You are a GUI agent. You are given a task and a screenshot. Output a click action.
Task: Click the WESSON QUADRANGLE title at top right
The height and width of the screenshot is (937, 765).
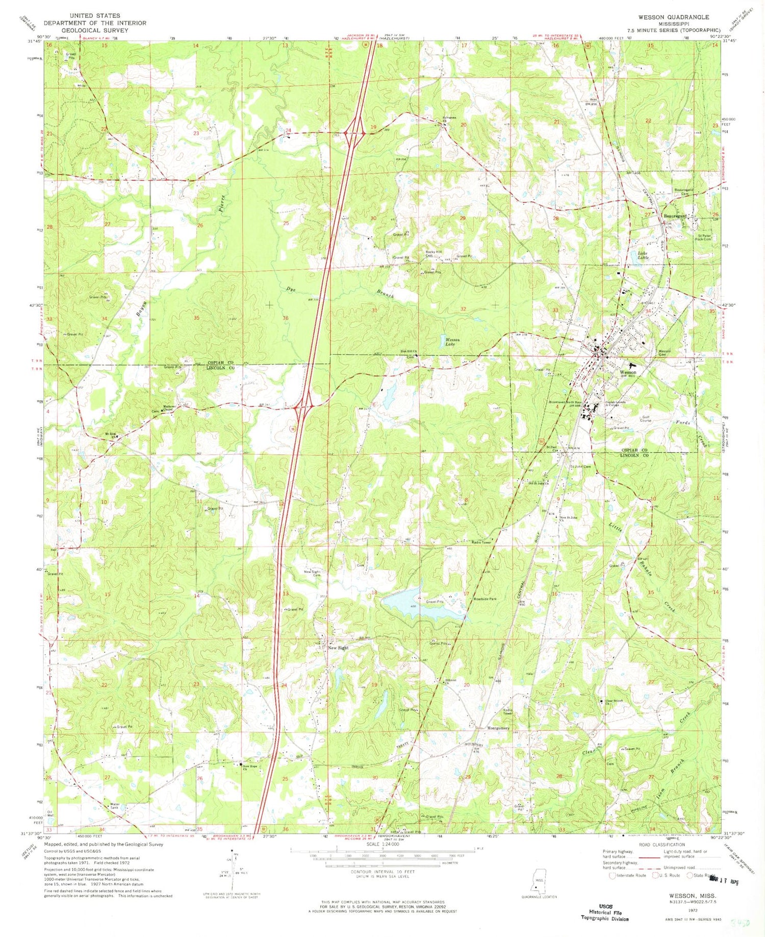coord(673,17)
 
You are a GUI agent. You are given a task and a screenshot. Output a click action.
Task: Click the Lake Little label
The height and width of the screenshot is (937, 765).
coord(643,255)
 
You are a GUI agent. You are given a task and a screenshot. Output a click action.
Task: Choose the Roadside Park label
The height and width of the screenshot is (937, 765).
coord(485,599)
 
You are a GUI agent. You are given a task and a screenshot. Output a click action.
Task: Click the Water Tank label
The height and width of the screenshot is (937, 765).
coord(115,807)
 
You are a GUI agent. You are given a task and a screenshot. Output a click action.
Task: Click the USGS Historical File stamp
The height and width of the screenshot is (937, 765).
coord(605,911)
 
